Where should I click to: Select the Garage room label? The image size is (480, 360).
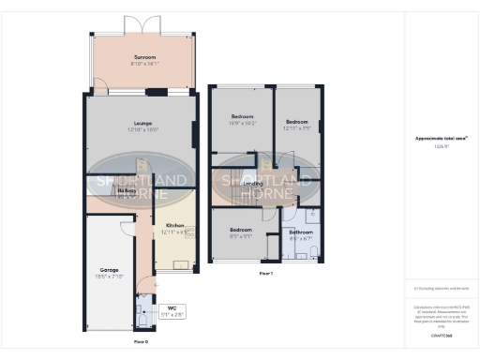pos(109,268)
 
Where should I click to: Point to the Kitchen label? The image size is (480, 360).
pos(175,225)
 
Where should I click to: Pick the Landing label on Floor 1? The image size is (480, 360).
pos(252,184)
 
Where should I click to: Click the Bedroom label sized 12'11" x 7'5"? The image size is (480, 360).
pos(297,122)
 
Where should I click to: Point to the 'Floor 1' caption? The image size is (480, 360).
pos(265,273)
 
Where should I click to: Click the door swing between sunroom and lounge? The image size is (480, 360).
pos(95,90)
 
